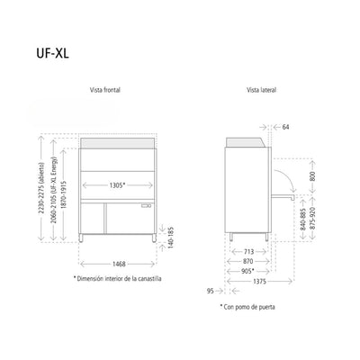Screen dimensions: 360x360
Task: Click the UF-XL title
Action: pyautogui.click(x=52, y=53)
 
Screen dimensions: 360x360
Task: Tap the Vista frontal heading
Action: pyautogui.click(x=105, y=90)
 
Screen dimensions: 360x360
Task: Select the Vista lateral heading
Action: pyautogui.click(x=261, y=90)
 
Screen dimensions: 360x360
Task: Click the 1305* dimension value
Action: pyautogui.click(x=117, y=185)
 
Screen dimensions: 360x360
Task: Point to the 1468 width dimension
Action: pyautogui.click(x=119, y=264)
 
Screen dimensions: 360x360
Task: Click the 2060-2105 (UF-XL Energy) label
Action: pyautogui.click(x=54, y=190)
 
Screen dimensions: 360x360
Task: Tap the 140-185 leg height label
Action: pyautogui.click(x=171, y=238)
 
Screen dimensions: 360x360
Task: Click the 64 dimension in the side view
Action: pyautogui.click(x=285, y=127)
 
